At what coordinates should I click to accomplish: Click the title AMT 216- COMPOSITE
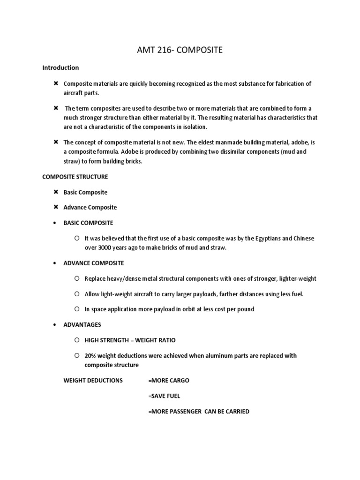[180, 50]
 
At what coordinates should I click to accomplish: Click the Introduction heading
[60, 67]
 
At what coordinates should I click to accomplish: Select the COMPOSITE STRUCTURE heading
[75, 177]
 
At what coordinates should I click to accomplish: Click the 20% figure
[90, 355]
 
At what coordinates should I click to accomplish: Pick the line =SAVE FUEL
[164, 396]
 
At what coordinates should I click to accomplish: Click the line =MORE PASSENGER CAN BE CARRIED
[198, 411]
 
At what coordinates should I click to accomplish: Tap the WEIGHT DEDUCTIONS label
[93, 380]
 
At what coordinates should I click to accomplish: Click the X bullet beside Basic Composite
[55, 192]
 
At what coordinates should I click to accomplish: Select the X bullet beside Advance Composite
[55, 207]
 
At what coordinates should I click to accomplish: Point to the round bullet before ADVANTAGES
[55, 324]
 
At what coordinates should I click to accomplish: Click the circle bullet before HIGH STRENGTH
[76, 340]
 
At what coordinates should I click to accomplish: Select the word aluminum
[205, 355]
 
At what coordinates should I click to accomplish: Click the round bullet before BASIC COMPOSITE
[55, 223]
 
